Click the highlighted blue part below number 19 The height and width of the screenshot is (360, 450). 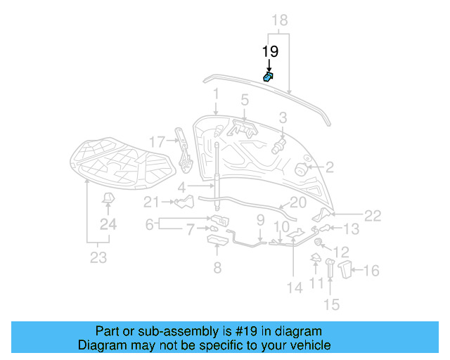click(268, 77)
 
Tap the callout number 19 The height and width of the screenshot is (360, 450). click(270, 52)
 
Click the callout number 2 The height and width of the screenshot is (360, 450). click(329, 167)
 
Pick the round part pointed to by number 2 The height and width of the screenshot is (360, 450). click(300, 169)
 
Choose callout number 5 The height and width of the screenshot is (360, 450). click(245, 100)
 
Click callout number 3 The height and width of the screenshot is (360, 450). click(283, 117)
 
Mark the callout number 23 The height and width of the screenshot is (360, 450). click(98, 258)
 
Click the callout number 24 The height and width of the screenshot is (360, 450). click(107, 225)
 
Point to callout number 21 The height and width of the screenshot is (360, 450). click(152, 203)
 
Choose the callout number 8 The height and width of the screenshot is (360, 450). click(217, 267)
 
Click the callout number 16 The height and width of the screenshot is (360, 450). click(371, 270)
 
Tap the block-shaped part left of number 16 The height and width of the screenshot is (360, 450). click(346, 269)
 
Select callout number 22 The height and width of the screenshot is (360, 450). click(372, 216)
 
